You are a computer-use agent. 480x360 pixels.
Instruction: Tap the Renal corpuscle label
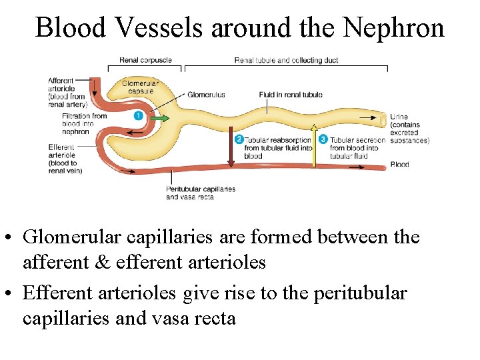[145, 60]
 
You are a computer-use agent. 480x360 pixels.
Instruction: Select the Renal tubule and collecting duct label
[286, 61]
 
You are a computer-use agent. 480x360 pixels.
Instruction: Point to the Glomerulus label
[206, 95]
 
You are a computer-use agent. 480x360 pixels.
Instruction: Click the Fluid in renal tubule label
[291, 95]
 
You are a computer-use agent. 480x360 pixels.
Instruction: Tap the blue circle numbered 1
[139, 116]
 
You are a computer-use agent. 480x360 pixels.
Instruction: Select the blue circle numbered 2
[239, 139]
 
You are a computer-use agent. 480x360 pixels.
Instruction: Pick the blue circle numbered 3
[323, 139]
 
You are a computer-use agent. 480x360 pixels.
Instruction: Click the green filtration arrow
[159, 118]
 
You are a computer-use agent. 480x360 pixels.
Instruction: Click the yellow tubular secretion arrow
[315, 140]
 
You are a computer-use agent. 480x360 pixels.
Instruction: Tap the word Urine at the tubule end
[399, 117]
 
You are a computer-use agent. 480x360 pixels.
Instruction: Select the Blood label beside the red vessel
[399, 164]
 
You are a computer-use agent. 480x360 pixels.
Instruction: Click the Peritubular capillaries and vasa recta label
[200, 193]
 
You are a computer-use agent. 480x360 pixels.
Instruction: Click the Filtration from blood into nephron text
[83, 124]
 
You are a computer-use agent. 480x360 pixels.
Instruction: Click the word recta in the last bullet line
[213, 318]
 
